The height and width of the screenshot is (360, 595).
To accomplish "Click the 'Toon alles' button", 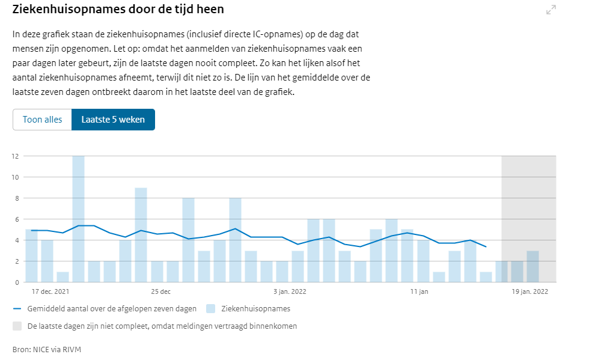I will pos(42,120).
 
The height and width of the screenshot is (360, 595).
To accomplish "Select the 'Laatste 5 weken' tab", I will pos(113,120).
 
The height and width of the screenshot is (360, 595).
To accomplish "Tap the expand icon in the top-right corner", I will pos(551,10).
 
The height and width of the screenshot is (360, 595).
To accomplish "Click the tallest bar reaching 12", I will pos(78,219).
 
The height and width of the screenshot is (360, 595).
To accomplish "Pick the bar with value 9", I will pos(141,234).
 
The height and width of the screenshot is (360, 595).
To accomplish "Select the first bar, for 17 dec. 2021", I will pos(31,255).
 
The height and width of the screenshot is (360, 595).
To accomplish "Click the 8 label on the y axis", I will pos(16,198).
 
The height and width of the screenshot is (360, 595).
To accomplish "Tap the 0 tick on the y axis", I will pos(16,282).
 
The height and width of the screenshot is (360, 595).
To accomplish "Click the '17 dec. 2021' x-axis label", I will pos(50,292).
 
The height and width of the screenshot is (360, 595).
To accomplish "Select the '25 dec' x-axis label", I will pos(160,292).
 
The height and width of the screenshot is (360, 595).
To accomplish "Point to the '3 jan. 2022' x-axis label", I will pos(290,292).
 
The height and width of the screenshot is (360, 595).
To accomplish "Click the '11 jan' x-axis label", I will pos(419,292).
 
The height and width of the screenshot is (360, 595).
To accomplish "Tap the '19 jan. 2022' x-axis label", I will pos(530,292).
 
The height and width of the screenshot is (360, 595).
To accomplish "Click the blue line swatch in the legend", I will pos(17,309).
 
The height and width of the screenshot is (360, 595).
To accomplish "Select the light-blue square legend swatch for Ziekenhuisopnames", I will pos(211,309).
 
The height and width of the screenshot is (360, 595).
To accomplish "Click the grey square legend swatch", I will pos(17,326).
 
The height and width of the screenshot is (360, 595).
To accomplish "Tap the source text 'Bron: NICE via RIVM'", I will pos(47,349).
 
